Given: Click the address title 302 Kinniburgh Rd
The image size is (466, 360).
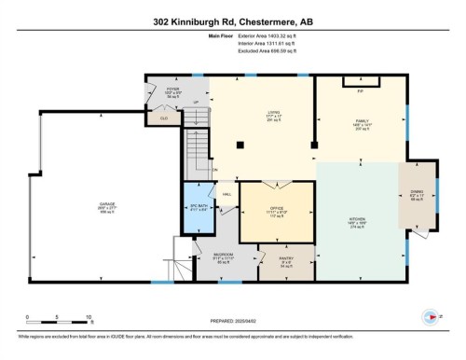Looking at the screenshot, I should pyautogui.click(x=232, y=21).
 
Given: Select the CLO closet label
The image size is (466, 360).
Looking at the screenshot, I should pyautogui.click(x=164, y=118).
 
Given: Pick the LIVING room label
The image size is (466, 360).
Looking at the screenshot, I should pyautogui.click(x=248, y=114).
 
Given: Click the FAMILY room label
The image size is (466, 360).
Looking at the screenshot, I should pyautogui.click(x=362, y=121).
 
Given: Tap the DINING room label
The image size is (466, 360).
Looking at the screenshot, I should pyautogui.click(x=416, y=195).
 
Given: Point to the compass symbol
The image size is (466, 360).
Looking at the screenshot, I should pyautogui.click(x=431, y=313).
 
